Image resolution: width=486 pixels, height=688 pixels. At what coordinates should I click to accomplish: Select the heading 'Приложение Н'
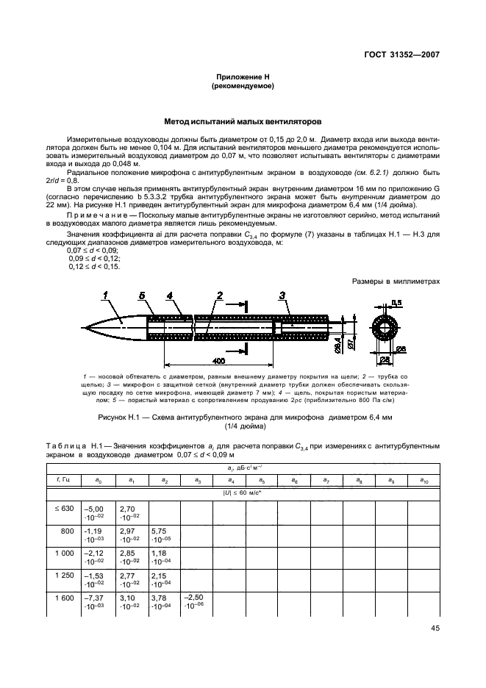click(243, 77)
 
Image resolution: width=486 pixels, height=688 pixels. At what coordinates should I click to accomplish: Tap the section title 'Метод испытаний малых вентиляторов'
click(243, 121)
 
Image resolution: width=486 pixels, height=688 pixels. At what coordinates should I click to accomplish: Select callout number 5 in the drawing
click(141, 296)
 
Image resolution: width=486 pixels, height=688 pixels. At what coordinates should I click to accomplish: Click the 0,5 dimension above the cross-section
click(396, 303)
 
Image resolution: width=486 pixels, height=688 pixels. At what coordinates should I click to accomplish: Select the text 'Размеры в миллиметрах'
click(396, 281)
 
